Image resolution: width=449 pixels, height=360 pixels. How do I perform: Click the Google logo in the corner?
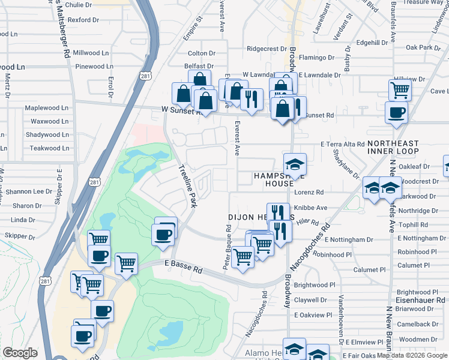coord(20,352)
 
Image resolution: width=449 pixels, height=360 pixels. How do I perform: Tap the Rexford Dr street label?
coord(83,20)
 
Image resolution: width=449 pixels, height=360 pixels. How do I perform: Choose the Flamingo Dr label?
coord(316,58)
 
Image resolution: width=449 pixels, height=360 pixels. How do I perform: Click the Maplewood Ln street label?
coord(46,108)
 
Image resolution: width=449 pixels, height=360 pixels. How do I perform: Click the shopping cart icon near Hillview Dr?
coord(400,90)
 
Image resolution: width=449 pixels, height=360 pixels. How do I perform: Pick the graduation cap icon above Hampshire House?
coord(295,164)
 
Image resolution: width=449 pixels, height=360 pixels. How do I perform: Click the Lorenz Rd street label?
coord(309,193)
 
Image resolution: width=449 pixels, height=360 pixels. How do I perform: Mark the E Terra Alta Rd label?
coord(342,145)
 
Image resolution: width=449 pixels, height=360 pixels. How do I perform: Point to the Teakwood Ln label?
coord(46,148)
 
